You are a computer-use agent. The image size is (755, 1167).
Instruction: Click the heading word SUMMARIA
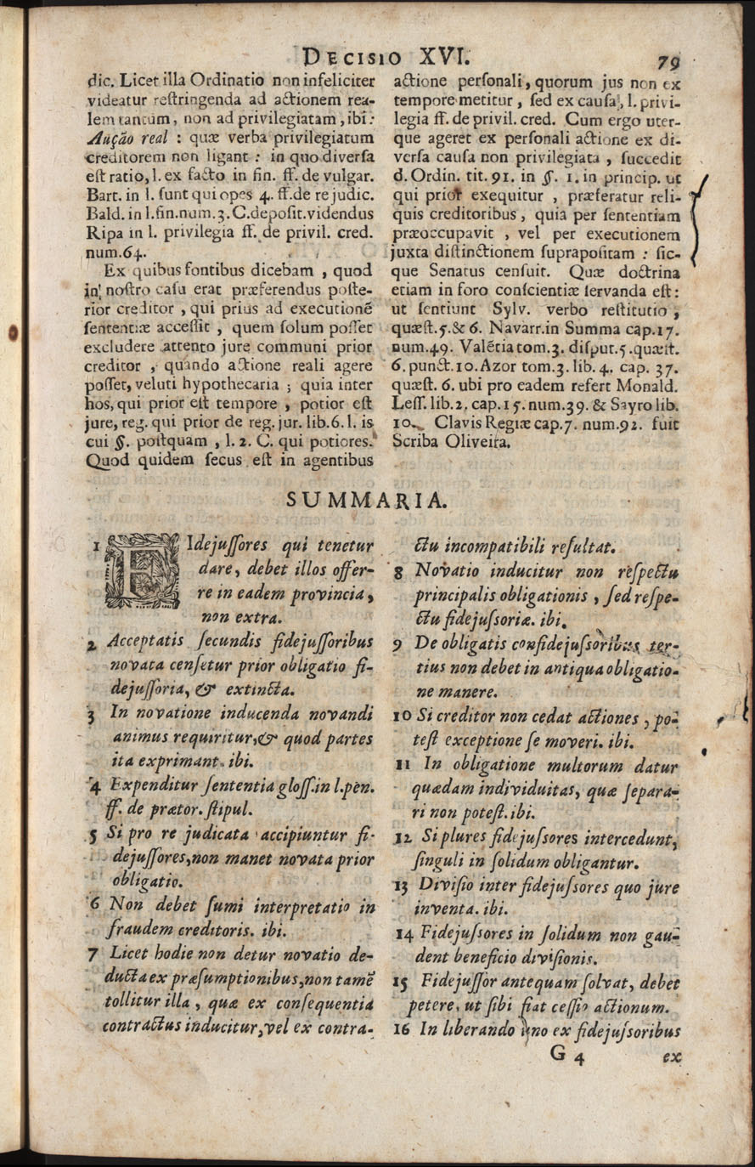(x=365, y=500)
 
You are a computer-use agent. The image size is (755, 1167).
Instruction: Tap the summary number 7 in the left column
(x=92, y=954)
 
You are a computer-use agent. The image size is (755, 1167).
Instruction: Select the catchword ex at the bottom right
(x=672, y=1058)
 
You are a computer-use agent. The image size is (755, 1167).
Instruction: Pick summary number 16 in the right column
(x=402, y=1031)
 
